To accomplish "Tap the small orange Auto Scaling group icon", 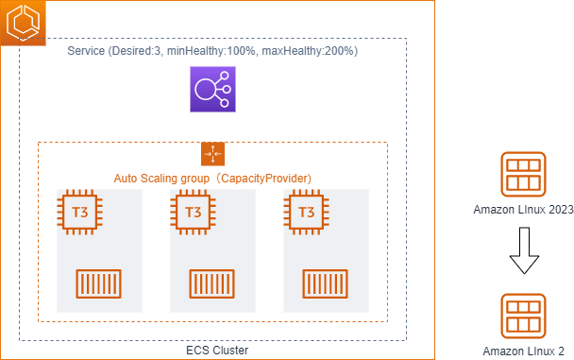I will click(212, 154).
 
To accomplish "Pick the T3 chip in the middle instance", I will click(193, 212).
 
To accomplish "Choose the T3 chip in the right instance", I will click(306, 212).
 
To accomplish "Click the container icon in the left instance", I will click(99, 283).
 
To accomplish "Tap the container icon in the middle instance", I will click(212, 283).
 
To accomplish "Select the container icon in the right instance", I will click(326, 283).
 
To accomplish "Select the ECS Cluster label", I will click(212, 351).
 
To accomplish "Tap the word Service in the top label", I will click(87, 49).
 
